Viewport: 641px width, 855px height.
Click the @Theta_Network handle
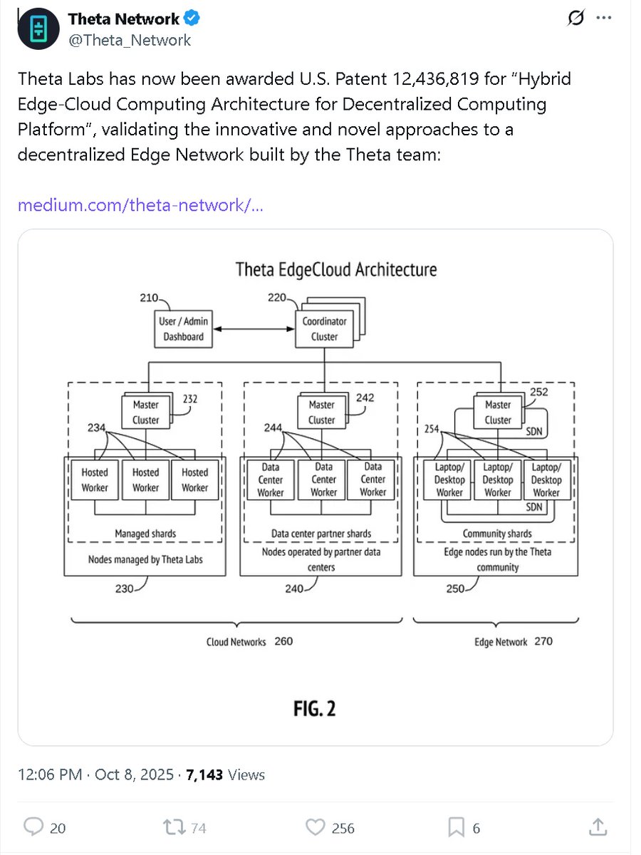tap(129, 40)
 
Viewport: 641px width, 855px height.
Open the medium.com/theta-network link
tap(140, 205)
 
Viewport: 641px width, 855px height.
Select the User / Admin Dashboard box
tap(184, 329)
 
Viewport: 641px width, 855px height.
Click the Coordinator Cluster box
tap(324, 329)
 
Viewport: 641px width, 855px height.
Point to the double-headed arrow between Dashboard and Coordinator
tap(254, 329)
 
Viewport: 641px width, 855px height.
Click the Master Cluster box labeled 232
tap(145, 413)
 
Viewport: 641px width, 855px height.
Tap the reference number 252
tap(539, 391)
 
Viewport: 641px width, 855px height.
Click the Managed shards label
tap(145, 533)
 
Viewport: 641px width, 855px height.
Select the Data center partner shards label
tap(321, 533)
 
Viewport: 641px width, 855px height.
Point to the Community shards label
tap(497, 533)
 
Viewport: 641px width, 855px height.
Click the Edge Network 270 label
tap(513, 641)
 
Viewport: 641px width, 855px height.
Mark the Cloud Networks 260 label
tap(249, 641)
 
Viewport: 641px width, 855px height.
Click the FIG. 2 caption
tap(314, 708)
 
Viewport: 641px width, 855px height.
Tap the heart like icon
tap(316, 827)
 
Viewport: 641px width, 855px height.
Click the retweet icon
tap(172, 827)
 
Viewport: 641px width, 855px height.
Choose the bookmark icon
tap(456, 827)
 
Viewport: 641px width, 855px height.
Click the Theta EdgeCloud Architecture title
tap(336, 269)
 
